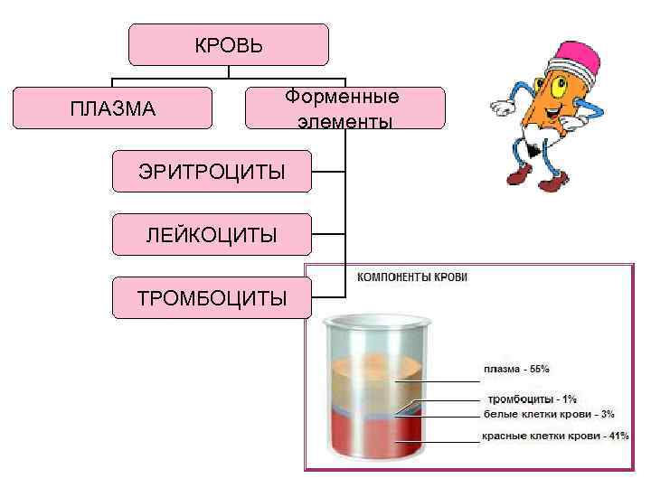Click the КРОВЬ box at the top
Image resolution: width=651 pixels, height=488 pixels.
tap(228, 45)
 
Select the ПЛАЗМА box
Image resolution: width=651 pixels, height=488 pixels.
tap(112, 108)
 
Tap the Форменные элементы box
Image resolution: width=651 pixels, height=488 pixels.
tap(344, 108)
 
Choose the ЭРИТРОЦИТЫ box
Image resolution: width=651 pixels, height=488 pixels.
tap(211, 172)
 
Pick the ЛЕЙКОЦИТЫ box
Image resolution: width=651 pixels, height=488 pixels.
tap(211, 235)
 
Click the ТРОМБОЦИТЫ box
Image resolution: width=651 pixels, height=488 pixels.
tap(211, 298)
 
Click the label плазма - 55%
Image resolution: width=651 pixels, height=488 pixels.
tap(516, 369)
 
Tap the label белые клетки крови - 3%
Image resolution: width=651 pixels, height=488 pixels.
tap(549, 414)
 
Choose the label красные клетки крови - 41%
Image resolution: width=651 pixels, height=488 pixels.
tap(554, 436)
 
